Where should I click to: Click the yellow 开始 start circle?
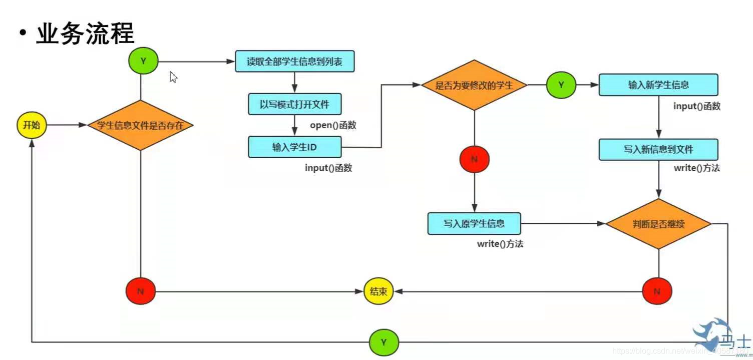click(x=32, y=125)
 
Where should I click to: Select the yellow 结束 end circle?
click(x=379, y=291)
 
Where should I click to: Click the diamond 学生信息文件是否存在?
click(x=141, y=125)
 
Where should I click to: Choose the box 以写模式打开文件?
click(x=295, y=105)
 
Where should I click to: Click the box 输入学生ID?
click(x=295, y=147)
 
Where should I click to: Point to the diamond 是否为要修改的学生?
click(x=474, y=85)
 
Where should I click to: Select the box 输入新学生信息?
click(x=658, y=85)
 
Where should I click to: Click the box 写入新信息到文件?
click(x=658, y=150)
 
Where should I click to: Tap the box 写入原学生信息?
click(x=474, y=223)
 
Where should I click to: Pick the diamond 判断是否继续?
click(x=658, y=224)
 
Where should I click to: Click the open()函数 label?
click(x=333, y=125)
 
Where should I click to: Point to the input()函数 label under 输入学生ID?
click(x=328, y=168)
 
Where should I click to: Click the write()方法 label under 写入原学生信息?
click(x=500, y=244)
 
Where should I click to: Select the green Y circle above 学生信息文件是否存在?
click(x=143, y=61)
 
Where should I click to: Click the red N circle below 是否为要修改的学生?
click(x=474, y=160)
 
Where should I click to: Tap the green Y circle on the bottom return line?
click(x=384, y=342)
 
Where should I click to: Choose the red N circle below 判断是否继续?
click(x=657, y=291)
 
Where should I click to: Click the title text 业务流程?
click(x=85, y=34)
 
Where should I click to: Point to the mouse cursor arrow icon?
click(x=173, y=77)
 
